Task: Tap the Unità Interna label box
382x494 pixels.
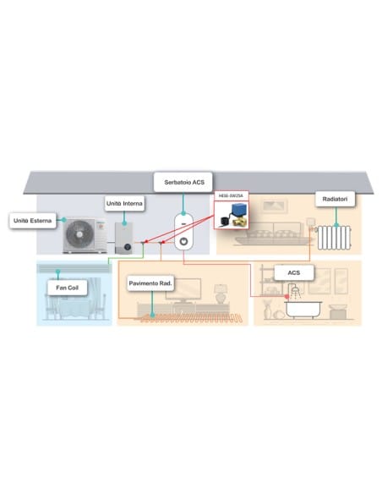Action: tap(124, 204)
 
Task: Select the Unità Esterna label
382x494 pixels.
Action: tap(33, 221)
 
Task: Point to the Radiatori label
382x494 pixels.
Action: tap(336, 199)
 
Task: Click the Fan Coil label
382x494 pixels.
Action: tap(67, 288)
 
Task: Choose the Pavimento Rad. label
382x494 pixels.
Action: tap(150, 283)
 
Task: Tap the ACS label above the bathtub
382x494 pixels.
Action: tap(294, 273)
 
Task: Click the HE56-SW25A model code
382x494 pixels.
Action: tap(231, 195)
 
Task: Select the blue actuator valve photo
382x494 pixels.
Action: tap(232, 215)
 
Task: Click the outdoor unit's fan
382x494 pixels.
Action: tap(79, 234)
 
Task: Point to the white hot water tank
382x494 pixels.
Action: tap(183, 232)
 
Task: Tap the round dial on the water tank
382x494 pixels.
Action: tap(183, 242)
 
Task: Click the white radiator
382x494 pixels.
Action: tap(334, 238)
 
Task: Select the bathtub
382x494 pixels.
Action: tap(303, 310)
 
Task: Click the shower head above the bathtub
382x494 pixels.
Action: tap(295, 289)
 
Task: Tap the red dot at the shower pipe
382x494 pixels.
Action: tap(286, 296)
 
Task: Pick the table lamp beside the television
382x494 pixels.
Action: tap(221, 294)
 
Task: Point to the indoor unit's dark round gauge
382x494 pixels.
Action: tap(128, 247)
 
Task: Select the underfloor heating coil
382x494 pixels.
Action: tap(191, 318)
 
